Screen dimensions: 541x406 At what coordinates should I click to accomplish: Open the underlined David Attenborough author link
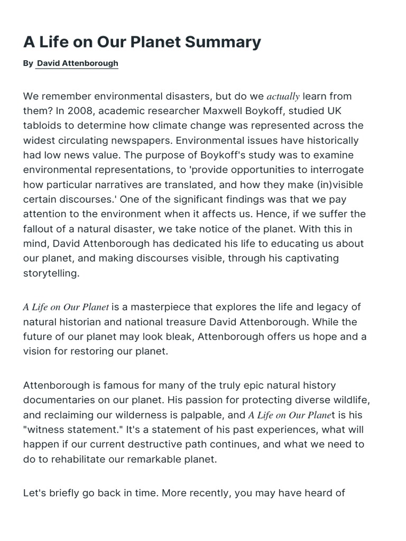(x=78, y=63)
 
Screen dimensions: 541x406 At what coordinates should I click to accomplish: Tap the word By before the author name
(x=28, y=63)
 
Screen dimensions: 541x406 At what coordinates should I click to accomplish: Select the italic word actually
(x=283, y=97)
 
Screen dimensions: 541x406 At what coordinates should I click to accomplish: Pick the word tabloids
(x=45, y=126)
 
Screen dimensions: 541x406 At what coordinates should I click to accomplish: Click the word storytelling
(x=51, y=274)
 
